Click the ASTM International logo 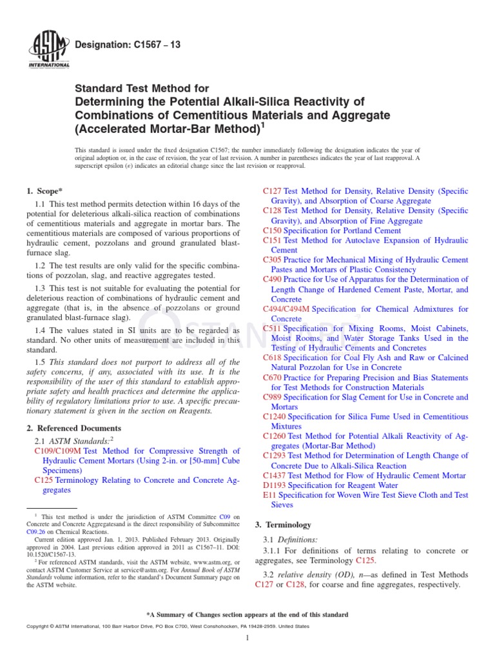click(49, 50)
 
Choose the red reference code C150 click(273, 230)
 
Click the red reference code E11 click(269, 495)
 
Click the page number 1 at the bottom click(247, 638)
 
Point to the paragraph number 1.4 click(40, 330)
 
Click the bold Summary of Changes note click(247, 615)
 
